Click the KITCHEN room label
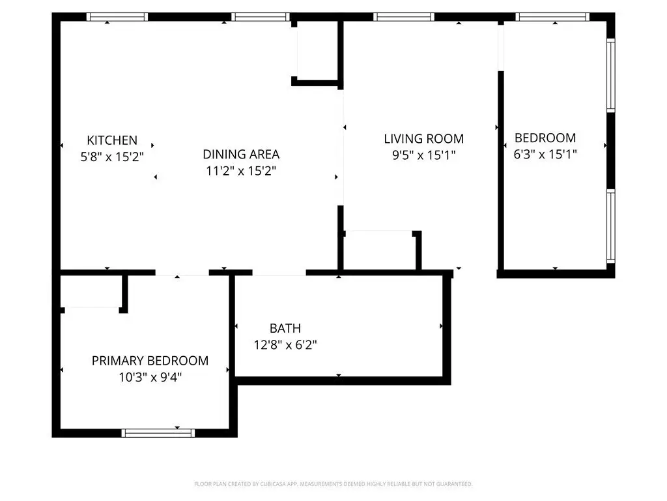pos(112,140)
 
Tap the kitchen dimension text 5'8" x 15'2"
pos(112,157)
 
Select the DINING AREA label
pos(241,154)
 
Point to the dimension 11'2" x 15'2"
pos(241,171)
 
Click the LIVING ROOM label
pos(423,139)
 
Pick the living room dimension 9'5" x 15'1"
pos(423,155)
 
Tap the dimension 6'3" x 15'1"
pos(545,154)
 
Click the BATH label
pos(285,329)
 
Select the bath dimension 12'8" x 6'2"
pos(285,344)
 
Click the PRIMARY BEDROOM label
pos(150,361)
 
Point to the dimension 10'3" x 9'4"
pos(150,378)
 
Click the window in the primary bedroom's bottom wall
pos(158,433)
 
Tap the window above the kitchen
pos(117,17)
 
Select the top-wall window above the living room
pos(404,17)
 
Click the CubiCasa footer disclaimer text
pos(333,484)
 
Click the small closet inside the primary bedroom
pos(91,292)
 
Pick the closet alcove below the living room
pos(380,250)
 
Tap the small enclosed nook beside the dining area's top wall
pos(317,50)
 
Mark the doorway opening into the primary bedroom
pos(182,273)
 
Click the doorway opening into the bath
pos(279,273)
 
